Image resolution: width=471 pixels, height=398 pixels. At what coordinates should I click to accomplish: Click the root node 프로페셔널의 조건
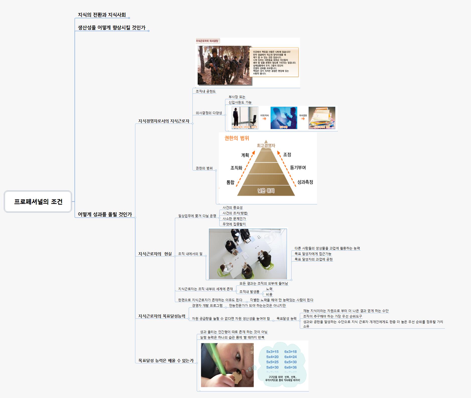pyautogui.click(x=38, y=201)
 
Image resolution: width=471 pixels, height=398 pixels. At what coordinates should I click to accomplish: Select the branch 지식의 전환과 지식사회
pyautogui.click(x=102, y=15)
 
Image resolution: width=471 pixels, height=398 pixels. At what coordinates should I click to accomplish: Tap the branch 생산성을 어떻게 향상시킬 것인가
pyautogui.click(x=112, y=28)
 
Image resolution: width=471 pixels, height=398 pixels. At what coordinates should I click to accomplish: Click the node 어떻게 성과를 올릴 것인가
pyautogui.click(x=105, y=214)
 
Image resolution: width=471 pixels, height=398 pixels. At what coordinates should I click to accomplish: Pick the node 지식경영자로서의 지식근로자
pyautogui.click(x=164, y=121)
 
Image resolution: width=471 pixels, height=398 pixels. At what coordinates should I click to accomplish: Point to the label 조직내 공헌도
pyautogui.click(x=206, y=91)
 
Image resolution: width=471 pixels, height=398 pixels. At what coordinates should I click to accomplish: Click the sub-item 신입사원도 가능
pyautogui.click(x=240, y=102)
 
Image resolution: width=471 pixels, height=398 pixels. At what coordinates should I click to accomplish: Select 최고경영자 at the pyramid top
pyautogui.click(x=266, y=145)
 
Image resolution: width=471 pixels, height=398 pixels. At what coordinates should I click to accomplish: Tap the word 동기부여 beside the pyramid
pyautogui.click(x=298, y=167)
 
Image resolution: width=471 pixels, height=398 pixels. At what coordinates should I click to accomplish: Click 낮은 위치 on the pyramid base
pyautogui.click(x=266, y=191)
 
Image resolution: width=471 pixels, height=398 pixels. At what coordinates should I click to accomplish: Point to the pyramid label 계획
pyautogui.click(x=245, y=155)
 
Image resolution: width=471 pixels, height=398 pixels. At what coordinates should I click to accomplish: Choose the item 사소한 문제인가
pyautogui.click(x=234, y=219)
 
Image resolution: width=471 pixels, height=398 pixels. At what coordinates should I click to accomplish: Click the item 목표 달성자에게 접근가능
pyautogui.click(x=313, y=254)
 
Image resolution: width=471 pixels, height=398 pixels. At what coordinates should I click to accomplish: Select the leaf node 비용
pyautogui.click(x=269, y=295)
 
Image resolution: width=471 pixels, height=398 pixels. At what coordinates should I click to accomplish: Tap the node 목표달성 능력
pyautogui.click(x=286, y=318)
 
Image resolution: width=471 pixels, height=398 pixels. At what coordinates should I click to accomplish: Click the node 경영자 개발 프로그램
pyautogui.click(x=207, y=306)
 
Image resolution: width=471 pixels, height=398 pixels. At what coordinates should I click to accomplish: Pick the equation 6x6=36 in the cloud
pyautogui.click(x=290, y=367)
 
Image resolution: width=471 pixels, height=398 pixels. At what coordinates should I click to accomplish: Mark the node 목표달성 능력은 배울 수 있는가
pyautogui.click(x=166, y=361)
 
